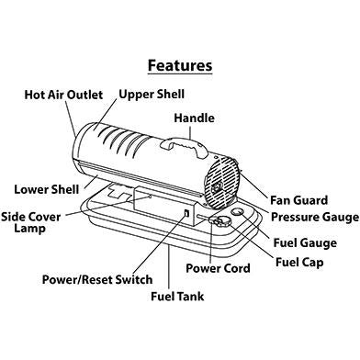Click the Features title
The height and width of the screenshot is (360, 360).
(180, 65)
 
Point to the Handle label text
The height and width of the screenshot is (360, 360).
(196, 117)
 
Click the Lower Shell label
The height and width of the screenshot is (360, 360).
(44, 190)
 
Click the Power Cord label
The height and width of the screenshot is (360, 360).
(219, 268)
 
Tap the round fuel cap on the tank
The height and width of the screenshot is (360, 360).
(222, 223)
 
